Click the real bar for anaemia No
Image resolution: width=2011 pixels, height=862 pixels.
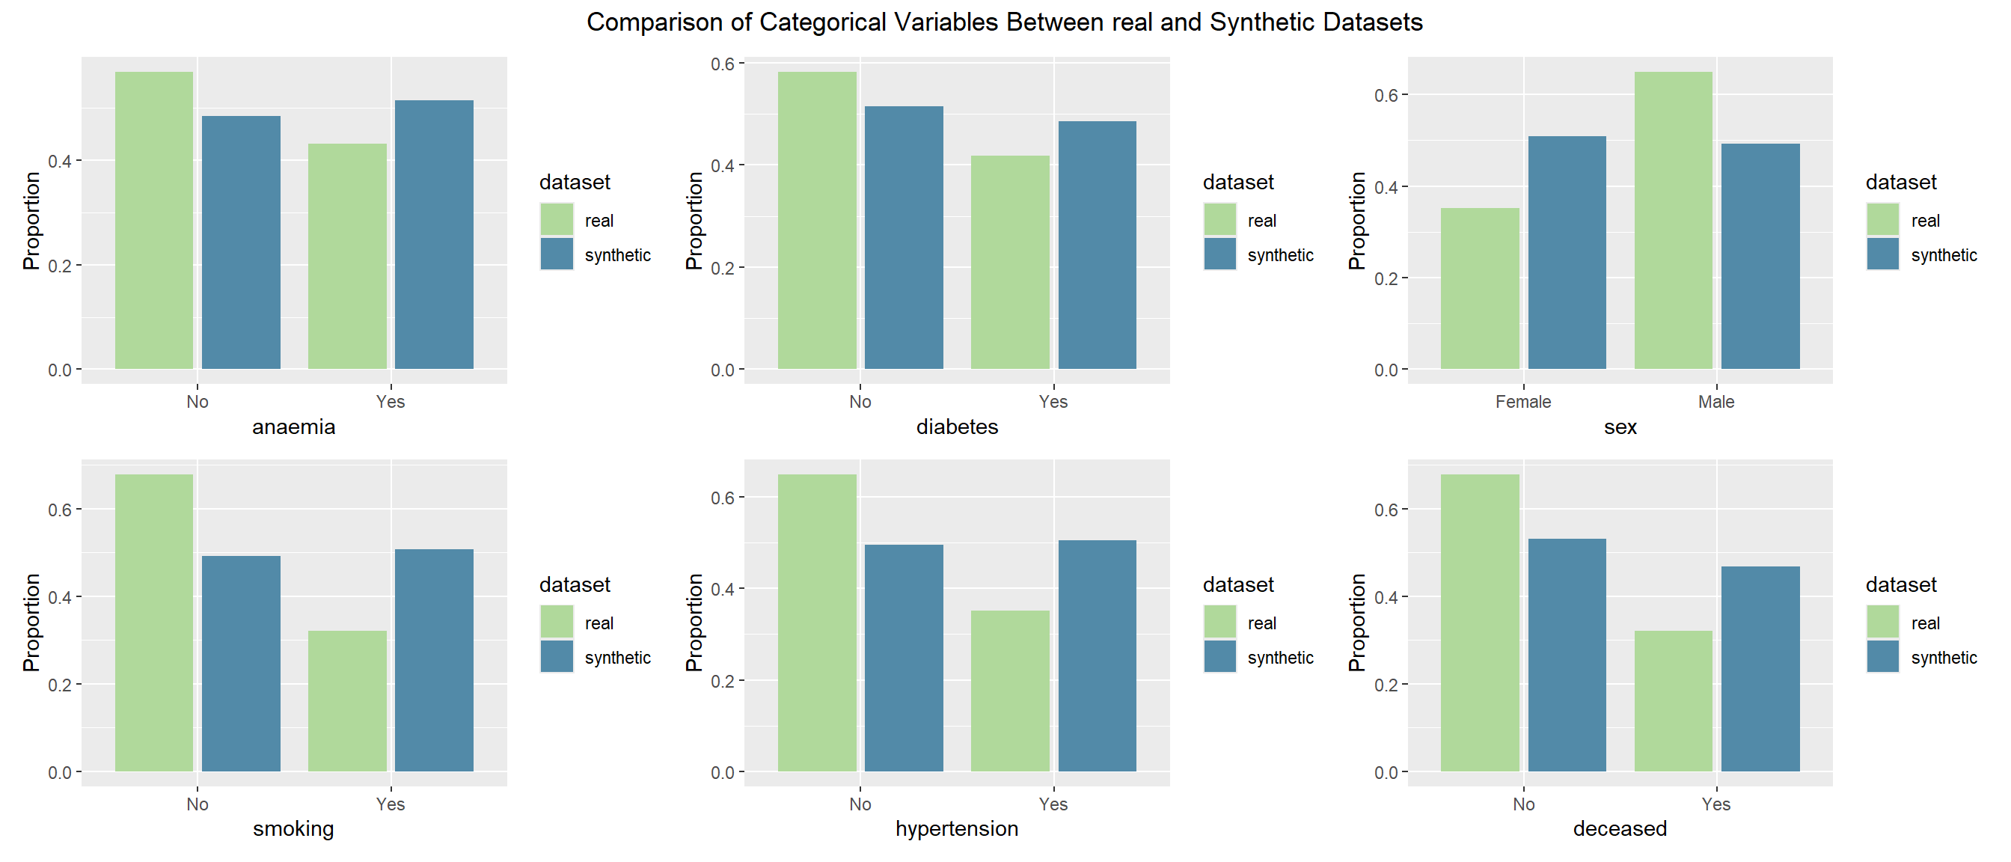[154, 220]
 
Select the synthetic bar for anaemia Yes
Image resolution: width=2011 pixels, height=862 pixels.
[434, 234]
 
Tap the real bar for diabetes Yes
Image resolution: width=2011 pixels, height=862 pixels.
[1010, 263]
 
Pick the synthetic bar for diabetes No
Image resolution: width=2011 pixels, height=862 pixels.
[904, 237]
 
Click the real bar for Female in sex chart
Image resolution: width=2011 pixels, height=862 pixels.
[1480, 288]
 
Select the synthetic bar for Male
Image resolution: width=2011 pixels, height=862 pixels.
[1760, 256]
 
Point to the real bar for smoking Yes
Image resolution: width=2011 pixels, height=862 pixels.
[347, 701]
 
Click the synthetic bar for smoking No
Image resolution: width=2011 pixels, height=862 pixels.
[241, 664]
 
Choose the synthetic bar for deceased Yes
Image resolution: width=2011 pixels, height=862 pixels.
[1760, 669]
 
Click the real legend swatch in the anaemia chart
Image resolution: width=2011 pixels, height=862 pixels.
[557, 219]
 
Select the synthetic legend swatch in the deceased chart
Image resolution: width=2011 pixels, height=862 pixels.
[1883, 657]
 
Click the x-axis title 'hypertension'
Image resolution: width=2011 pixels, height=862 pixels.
[956, 828]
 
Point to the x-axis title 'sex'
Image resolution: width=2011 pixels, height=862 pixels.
[1620, 427]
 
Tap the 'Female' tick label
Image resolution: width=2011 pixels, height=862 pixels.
[1523, 401]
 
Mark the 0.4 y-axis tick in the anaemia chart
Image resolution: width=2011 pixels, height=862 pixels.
[60, 161]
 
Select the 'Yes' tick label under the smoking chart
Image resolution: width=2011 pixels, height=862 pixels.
[391, 804]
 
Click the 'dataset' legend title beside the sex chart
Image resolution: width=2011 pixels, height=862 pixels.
[1901, 182]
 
